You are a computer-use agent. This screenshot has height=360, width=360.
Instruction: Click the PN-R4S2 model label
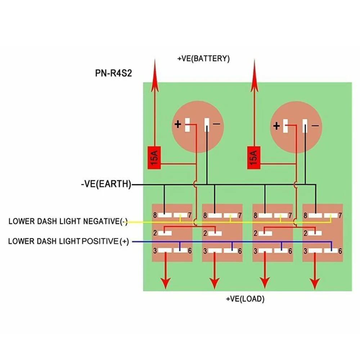point(113,73)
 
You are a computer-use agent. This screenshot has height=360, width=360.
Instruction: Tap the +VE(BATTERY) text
point(203,59)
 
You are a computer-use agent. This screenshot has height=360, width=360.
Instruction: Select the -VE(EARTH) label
point(106,184)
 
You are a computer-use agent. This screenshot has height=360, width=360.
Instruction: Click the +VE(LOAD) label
point(245,299)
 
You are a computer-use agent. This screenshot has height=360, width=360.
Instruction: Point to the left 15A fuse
point(154,158)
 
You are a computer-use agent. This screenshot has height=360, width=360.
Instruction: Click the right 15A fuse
point(253,158)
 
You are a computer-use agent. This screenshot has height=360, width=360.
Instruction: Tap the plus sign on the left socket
point(178,125)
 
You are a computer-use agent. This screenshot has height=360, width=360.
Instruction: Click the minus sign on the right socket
point(315,126)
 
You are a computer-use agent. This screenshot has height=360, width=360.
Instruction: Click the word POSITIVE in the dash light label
point(100,241)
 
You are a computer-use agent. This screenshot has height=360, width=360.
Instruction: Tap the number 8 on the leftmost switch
point(155,215)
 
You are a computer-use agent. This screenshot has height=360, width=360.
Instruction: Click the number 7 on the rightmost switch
point(340,215)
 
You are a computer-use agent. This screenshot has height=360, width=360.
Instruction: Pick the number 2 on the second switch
point(205,233)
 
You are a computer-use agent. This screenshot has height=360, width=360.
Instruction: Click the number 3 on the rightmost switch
point(305,251)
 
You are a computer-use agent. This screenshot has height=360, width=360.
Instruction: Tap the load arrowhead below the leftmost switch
point(166,283)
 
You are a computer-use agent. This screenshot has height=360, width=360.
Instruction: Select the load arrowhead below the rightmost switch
point(315,283)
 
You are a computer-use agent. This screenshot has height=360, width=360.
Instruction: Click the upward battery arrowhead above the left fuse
point(155,76)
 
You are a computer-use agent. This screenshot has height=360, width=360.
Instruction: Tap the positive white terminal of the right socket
point(285,126)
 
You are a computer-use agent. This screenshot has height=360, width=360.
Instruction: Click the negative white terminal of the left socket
point(207,125)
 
